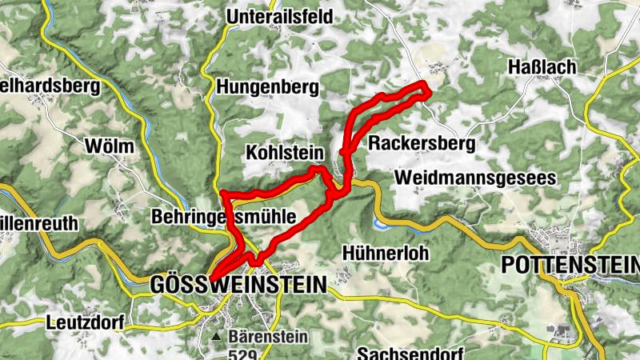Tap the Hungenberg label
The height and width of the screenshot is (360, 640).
pos(267,86)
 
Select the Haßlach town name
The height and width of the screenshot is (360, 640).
pos(542,67)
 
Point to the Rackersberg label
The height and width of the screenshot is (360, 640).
pos(422,144)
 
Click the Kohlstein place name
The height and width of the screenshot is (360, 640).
pos(284,152)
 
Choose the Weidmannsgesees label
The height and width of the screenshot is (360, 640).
pos(474,178)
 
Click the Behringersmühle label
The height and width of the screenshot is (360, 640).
pos(223,217)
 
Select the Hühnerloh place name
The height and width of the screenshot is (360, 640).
pos(385,253)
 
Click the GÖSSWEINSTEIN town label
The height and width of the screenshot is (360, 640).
pos(238,284)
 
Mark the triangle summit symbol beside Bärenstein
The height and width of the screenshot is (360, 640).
pos(216,337)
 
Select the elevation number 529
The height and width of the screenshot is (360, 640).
pos(242,354)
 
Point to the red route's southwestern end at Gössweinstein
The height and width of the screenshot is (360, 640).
pos(212,278)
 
